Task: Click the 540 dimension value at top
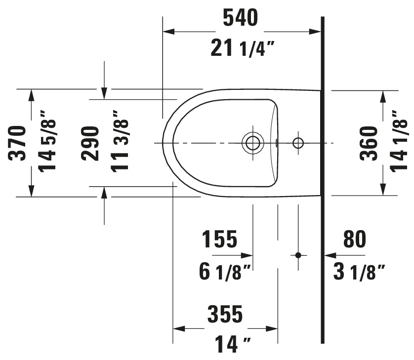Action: (x=240, y=18)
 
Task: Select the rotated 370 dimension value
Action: (x=17, y=143)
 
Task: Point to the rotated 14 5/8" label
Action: (x=47, y=141)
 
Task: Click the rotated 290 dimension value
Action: (x=90, y=143)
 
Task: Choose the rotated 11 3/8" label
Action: (x=120, y=141)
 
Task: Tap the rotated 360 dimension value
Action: (x=369, y=143)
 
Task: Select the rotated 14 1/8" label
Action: (x=399, y=142)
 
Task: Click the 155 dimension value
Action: (x=220, y=239)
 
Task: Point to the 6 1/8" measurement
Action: (x=225, y=272)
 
